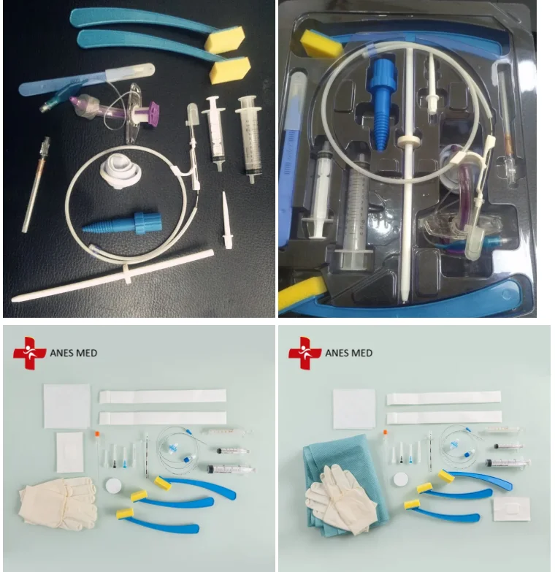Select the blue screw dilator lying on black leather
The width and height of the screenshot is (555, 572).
122,223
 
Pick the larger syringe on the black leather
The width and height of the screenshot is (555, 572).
249,139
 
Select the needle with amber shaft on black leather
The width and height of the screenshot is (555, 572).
36,185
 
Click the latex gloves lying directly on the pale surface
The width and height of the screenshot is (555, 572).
58,503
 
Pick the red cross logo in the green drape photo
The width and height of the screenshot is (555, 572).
305,353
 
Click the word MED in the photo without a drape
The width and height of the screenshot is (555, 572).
87,353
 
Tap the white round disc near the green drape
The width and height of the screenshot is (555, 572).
400,479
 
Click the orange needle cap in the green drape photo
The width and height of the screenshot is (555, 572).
385,432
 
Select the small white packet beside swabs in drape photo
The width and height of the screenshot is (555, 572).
511,508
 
